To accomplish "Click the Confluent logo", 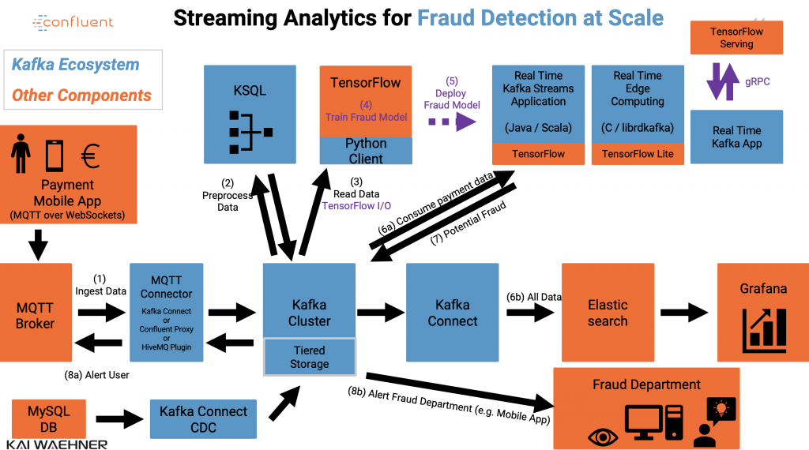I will coord(73,23).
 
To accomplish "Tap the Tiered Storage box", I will coord(309,357).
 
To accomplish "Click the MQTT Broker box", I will coord(36,313).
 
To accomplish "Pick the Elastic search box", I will coord(608,313).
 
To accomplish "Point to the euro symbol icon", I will coord(90,156).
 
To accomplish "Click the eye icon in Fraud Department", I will coord(604,436).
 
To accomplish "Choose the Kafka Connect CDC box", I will coord(203,419).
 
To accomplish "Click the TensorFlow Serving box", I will coord(736,38).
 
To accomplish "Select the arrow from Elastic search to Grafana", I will coord(684,313).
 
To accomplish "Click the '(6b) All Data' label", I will coord(534,297).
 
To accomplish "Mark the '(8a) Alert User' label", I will coord(96,375).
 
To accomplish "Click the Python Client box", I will coord(365,151).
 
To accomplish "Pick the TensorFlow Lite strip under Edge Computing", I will coord(638,154).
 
